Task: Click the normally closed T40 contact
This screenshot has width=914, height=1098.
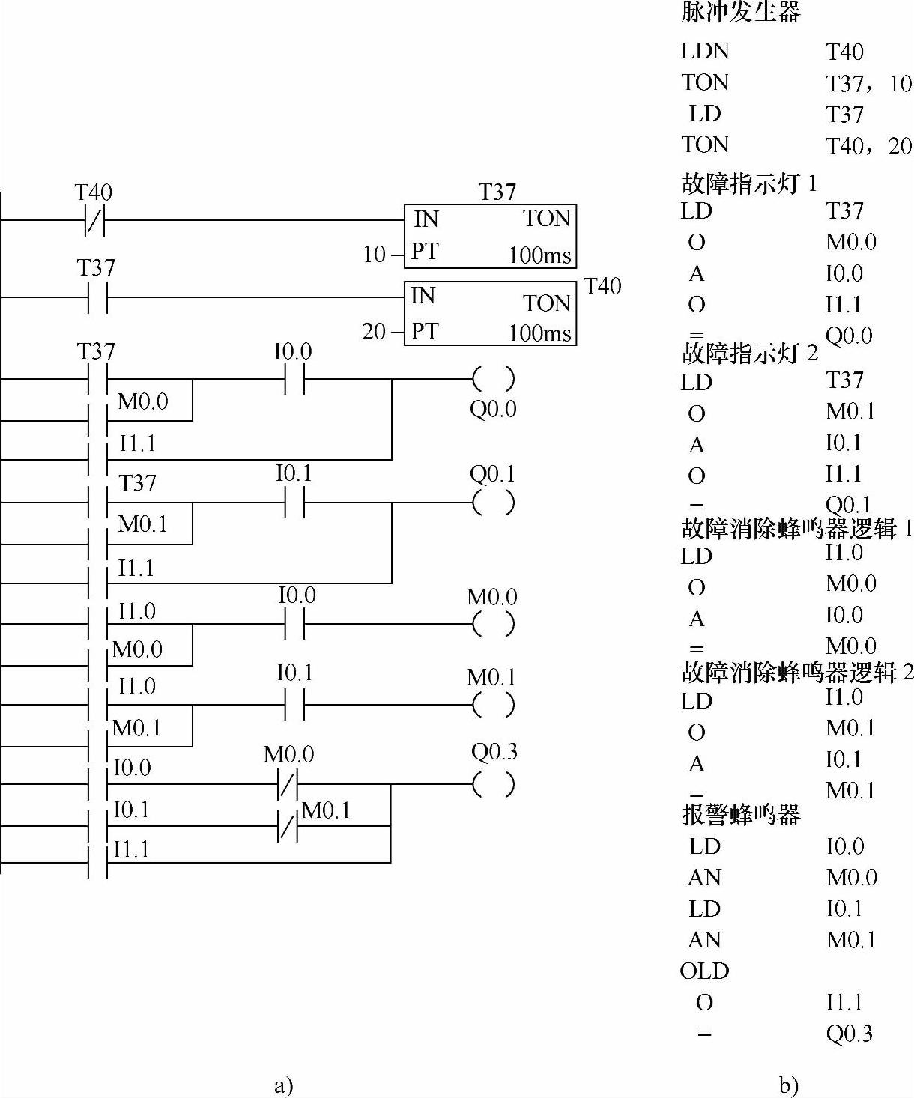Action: (x=95, y=220)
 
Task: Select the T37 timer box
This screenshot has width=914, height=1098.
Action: (x=490, y=236)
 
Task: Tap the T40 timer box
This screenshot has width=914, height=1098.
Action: (x=490, y=313)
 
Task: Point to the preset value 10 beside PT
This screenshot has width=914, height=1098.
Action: (x=374, y=255)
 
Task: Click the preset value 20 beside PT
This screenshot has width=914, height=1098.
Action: (x=374, y=331)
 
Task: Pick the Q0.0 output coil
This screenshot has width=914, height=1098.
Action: (x=493, y=379)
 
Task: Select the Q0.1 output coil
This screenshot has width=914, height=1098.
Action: (x=493, y=502)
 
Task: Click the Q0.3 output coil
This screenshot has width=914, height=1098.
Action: (x=493, y=784)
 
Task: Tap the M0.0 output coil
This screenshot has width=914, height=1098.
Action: (x=493, y=624)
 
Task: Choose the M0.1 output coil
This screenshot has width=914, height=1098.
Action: (x=493, y=705)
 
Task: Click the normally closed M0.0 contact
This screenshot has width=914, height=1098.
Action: (x=288, y=784)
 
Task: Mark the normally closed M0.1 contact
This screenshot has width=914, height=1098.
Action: (x=288, y=826)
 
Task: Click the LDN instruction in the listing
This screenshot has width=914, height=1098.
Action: (x=705, y=51)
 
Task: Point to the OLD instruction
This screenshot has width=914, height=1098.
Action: (x=704, y=971)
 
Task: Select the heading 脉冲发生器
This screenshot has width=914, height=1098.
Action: (x=740, y=12)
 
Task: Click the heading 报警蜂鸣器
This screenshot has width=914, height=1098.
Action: (x=740, y=815)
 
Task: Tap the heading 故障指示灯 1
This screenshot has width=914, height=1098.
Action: (x=748, y=183)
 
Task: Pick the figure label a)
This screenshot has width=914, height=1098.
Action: (x=284, y=1085)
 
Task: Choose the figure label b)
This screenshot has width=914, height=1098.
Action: (x=788, y=1085)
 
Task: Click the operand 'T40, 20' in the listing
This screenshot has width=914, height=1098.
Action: (x=868, y=145)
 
